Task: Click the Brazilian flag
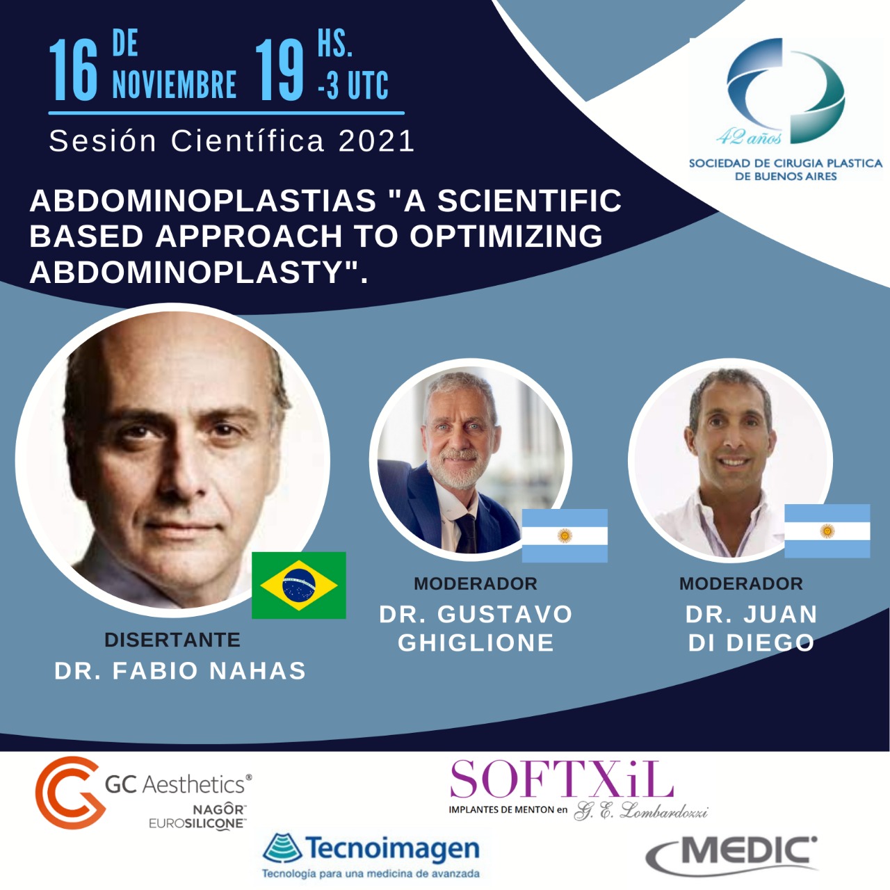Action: coord(298,585)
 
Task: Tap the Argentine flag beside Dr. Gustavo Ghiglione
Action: coord(565,535)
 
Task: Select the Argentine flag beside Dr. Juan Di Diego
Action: coord(827,531)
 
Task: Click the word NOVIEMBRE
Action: coord(175,85)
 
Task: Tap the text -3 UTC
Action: coord(353,85)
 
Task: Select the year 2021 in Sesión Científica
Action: coord(376,141)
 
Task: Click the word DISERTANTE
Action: coord(172,640)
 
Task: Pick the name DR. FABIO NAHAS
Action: coord(180,670)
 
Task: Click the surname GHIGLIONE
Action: coord(476,642)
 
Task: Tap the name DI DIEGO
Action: coord(751,642)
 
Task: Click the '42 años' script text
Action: coord(749,137)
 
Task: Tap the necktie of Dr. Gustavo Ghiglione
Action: coord(466,533)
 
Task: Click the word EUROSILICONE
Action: coord(197,823)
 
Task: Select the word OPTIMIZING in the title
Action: coord(505,236)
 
